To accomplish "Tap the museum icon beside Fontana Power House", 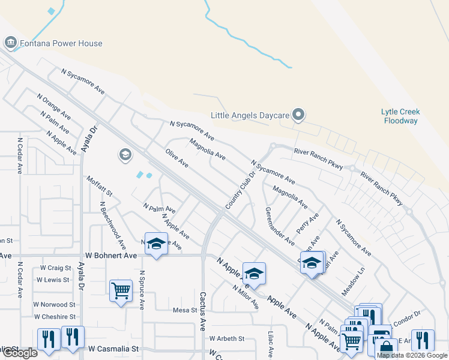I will coord(10,43).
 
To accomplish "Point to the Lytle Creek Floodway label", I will coord(400,116).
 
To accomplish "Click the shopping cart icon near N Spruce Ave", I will coord(121,291).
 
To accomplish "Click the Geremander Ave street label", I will coord(280,226).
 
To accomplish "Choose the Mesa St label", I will coord(185,310).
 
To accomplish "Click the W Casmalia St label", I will coord(113,348).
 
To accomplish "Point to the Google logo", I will coord(19,353).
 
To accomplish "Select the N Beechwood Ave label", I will coord(113,225).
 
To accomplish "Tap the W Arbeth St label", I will coord(227,338).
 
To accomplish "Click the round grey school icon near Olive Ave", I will coord(125,155).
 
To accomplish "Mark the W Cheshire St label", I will coord(55,317).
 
